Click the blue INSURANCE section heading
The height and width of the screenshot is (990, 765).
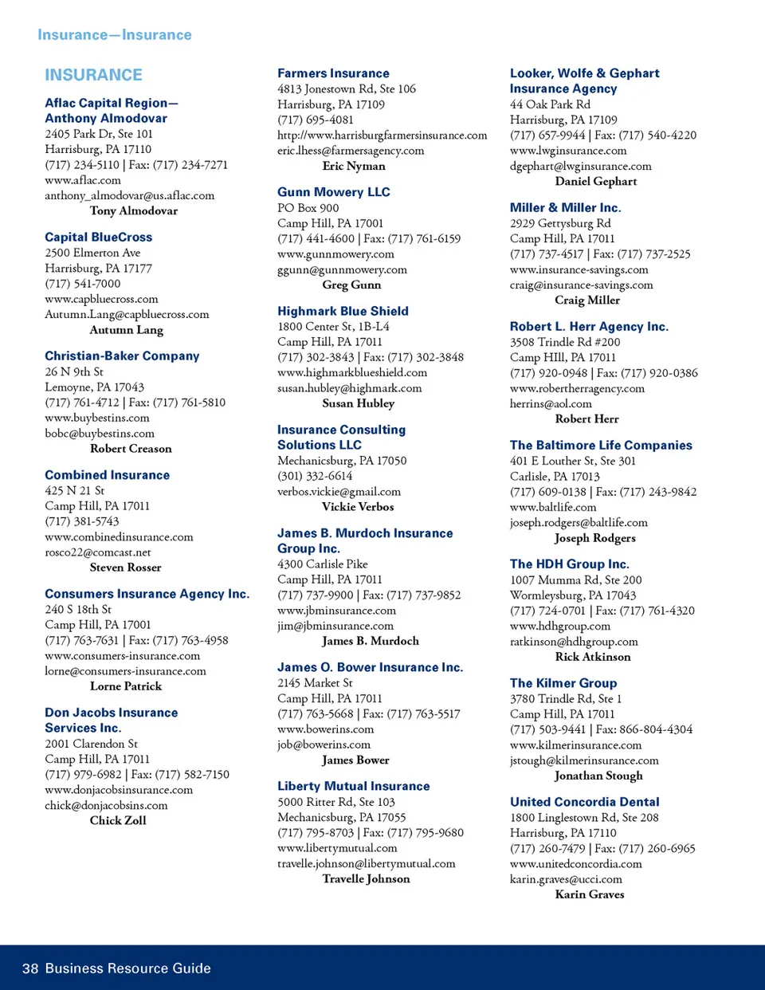pos(93,75)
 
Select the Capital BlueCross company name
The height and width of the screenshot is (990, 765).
pos(98,238)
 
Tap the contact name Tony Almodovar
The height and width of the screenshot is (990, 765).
pos(134,211)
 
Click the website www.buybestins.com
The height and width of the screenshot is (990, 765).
pos(96,418)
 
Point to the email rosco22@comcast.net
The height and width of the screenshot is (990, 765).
pos(98,552)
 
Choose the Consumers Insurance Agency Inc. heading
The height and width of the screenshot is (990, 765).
pos(147,594)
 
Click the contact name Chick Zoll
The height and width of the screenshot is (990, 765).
pos(118,820)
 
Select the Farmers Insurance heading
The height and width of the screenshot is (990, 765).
pos(333,73)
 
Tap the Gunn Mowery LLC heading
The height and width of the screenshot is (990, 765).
pos(333,192)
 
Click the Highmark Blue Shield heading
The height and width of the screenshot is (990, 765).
pos(343,311)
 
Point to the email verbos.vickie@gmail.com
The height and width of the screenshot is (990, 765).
pos(339,492)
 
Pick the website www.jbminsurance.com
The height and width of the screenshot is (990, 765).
pos(336,611)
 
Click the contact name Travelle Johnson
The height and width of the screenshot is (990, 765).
pos(366,879)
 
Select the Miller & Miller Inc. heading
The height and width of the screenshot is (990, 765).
pos(565,208)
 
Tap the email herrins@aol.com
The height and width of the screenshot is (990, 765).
pos(551,404)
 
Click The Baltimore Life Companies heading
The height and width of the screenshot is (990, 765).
pos(601,446)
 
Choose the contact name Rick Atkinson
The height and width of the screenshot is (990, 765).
pos(593,657)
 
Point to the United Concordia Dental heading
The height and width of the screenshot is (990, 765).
pos(584,802)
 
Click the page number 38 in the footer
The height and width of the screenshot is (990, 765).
pos(30,968)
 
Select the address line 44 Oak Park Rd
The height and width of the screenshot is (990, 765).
pos(550,104)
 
